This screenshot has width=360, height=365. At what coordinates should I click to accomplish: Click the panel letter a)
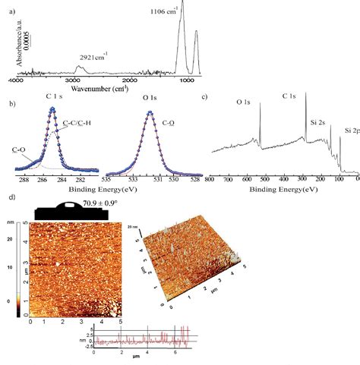(x=8, y=5)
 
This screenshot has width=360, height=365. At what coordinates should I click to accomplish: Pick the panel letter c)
(x=204, y=98)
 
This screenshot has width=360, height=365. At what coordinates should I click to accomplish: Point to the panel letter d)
(x=8, y=197)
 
